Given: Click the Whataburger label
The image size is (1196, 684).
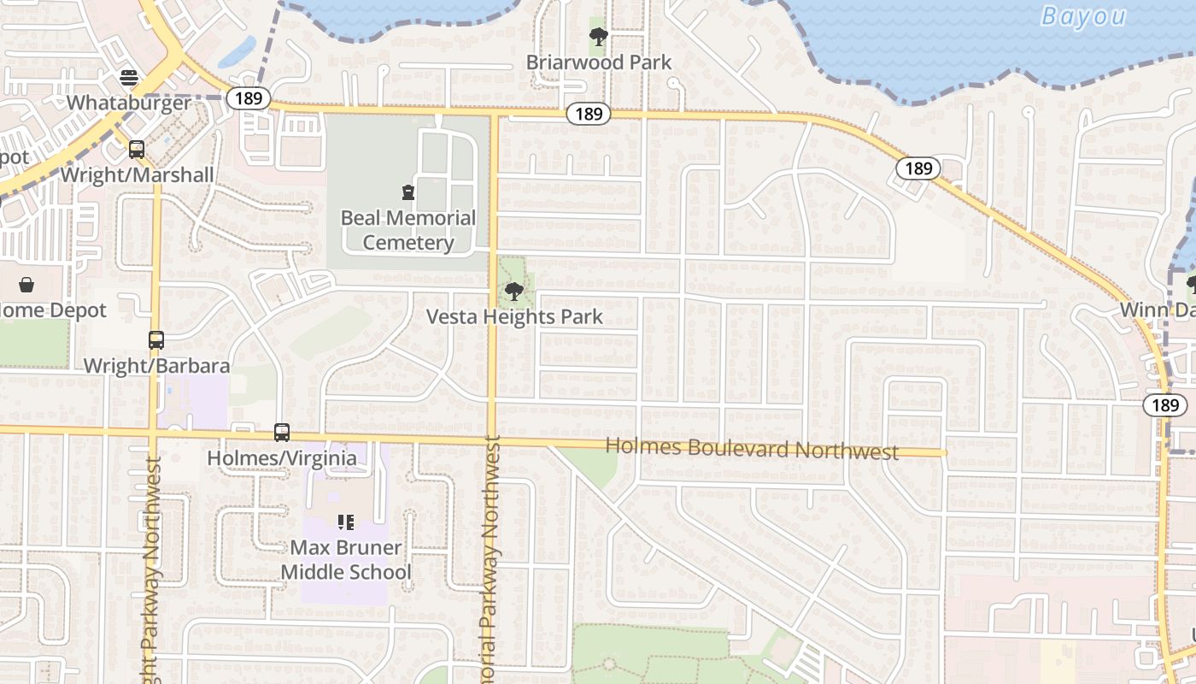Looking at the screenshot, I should pos(129,103).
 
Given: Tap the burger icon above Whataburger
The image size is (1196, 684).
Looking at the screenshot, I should pos(129,78).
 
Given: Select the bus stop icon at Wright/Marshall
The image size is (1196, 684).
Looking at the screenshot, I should pos(137,150).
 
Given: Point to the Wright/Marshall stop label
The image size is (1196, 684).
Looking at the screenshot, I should pos(137,175).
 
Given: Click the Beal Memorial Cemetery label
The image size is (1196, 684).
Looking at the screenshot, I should pos(408,230).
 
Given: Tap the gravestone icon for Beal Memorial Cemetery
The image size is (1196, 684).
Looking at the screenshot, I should pos(408,192).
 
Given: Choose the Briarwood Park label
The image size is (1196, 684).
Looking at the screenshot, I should pos(599,62).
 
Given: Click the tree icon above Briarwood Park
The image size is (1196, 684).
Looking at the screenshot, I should pos(599,37).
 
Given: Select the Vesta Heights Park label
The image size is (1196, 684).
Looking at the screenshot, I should pos(514,316).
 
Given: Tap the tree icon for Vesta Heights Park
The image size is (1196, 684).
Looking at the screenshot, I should pos(514,292).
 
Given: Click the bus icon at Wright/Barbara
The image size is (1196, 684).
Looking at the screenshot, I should pos(156,340).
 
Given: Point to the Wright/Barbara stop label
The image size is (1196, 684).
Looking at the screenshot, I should pos(156,366).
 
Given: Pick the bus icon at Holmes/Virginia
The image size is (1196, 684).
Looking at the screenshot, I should pos(282,433).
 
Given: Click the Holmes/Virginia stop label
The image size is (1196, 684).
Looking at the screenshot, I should pos(282,458).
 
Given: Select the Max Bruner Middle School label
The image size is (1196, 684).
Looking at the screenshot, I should pos(346,560).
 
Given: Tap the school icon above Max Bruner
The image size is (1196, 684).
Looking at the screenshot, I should pos(346,522).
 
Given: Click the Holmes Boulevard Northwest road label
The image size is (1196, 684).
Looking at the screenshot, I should pos(752,448).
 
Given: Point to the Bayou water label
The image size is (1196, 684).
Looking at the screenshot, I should pos(1083,16).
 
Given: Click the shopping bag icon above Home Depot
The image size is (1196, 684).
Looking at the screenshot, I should pos(26,285).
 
